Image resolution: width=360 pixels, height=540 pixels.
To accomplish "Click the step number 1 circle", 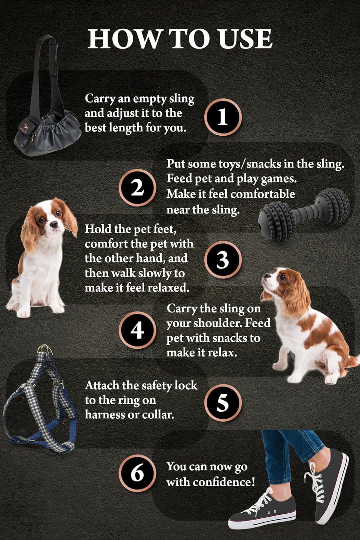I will click(223, 117).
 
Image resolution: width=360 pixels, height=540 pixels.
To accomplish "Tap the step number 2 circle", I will click(137, 188).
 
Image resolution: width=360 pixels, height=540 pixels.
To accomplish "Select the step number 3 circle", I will click(223, 260).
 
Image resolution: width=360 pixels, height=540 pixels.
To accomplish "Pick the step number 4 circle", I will click(137, 330).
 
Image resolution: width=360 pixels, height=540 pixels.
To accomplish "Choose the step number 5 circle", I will click(223, 402).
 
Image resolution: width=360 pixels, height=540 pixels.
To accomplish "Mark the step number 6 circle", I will click(137, 473).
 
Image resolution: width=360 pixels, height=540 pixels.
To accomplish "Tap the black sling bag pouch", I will click(47, 133).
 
